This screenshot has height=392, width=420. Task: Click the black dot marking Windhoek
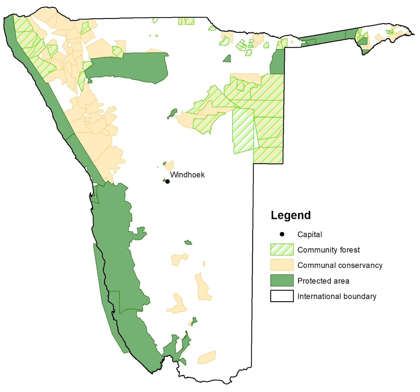click(x=167, y=181)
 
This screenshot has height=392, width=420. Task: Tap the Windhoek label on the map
click(x=187, y=175)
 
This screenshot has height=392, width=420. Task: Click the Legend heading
click(x=291, y=215)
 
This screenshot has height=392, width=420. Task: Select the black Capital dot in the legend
click(x=282, y=234)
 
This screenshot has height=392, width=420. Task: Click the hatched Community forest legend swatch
click(x=282, y=249)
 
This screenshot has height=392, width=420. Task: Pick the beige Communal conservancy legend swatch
click(x=282, y=265)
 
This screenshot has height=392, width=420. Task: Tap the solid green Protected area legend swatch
click(x=282, y=280)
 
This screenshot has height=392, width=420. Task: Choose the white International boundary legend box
click(x=282, y=296)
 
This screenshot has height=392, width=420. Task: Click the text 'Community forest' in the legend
click(x=328, y=250)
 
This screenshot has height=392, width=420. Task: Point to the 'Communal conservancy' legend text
click(x=340, y=265)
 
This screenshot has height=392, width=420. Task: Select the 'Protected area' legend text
click(x=323, y=281)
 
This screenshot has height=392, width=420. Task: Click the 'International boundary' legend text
click(x=337, y=296)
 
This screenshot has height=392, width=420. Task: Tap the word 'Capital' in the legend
click(x=309, y=234)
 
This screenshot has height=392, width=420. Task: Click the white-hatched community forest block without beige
click(x=243, y=131)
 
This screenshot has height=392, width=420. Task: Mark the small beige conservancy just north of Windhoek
click(x=169, y=166)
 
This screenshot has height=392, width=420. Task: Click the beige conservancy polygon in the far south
click(x=207, y=357)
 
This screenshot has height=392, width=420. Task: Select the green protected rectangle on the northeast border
click(x=277, y=62)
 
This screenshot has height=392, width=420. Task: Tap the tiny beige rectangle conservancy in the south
click(x=204, y=263)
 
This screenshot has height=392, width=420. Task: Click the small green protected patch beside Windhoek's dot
click(x=164, y=180)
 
